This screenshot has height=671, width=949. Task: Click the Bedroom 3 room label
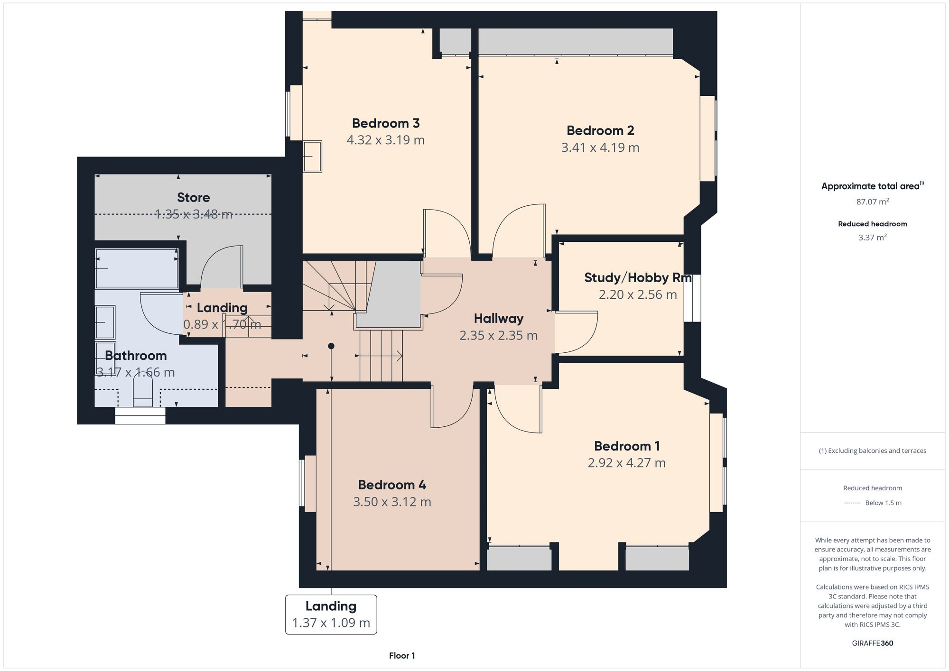385,123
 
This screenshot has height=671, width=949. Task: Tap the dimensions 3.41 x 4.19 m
600,147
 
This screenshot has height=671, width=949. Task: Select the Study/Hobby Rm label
637,278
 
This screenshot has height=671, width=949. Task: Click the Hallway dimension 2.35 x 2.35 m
498,336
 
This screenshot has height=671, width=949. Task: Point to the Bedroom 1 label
626,446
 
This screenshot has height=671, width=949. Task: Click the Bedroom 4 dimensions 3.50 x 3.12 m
392,502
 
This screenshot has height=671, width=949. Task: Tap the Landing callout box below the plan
331,614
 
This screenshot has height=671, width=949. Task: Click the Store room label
193,197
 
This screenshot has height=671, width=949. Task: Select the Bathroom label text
136,356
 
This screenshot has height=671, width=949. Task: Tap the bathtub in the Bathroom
137,269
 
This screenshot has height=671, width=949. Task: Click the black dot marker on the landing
331,346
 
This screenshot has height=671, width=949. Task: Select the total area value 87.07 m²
872,202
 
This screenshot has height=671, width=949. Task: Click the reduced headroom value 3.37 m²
872,238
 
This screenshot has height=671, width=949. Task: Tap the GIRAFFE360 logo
872,643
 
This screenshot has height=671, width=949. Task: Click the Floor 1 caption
402,656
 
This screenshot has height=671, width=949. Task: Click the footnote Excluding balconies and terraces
872,451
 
